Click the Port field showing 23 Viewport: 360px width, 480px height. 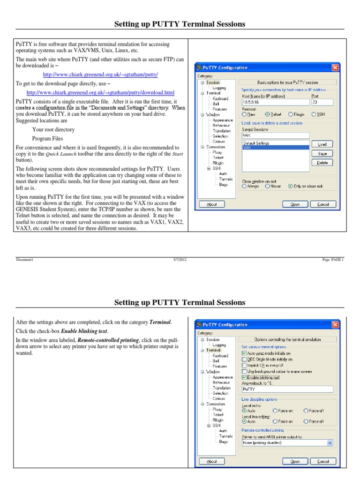coord(321,102)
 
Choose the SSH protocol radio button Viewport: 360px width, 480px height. coord(314,114)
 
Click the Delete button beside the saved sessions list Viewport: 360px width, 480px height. coord(322,163)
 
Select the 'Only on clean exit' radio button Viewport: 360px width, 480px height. coord(291,186)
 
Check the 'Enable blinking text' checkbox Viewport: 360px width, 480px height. coord(244,377)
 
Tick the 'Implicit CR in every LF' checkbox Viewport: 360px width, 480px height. coord(244,365)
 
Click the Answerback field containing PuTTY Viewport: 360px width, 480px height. coord(287,389)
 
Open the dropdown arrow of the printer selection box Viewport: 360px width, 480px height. coord(330,442)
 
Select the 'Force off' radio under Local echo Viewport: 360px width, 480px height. coord(306,411)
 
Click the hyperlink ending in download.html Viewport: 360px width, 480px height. coord(100,93)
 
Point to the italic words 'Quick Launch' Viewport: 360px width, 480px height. coord(59,154)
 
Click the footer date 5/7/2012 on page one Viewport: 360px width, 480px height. coord(180,260)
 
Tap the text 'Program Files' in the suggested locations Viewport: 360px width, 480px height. coord(47,138)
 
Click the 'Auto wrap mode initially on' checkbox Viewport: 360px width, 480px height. coord(244,353)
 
